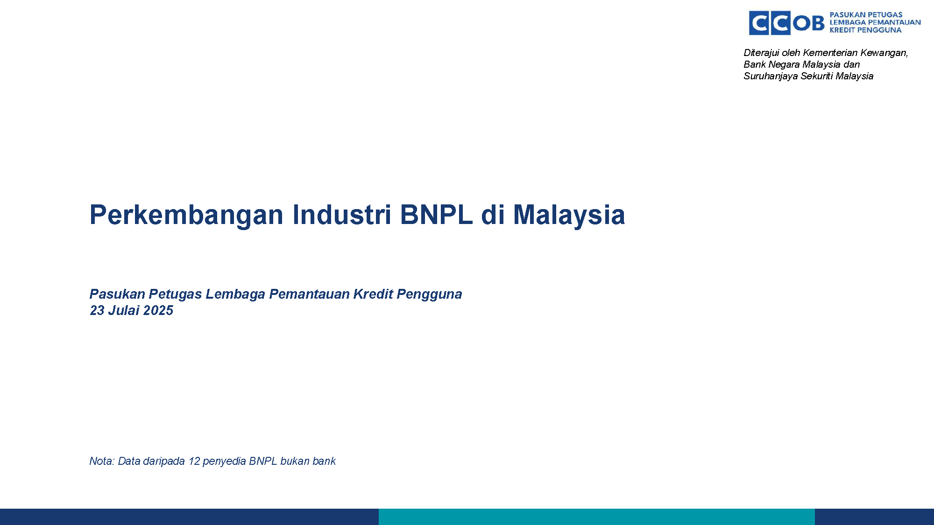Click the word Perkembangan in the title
click(186, 215)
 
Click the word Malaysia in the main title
click(569, 215)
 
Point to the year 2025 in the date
click(158, 310)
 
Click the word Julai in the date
click(124, 310)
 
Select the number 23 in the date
click(97, 310)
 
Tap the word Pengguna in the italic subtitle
click(429, 294)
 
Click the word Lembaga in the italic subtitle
click(235, 294)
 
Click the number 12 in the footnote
click(194, 461)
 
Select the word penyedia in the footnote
click(224, 462)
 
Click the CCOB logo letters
click(786, 23)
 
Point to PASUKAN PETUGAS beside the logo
click(866, 14)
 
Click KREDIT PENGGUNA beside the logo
click(865, 30)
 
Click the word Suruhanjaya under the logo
click(771, 77)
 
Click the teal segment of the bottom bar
click(597, 517)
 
